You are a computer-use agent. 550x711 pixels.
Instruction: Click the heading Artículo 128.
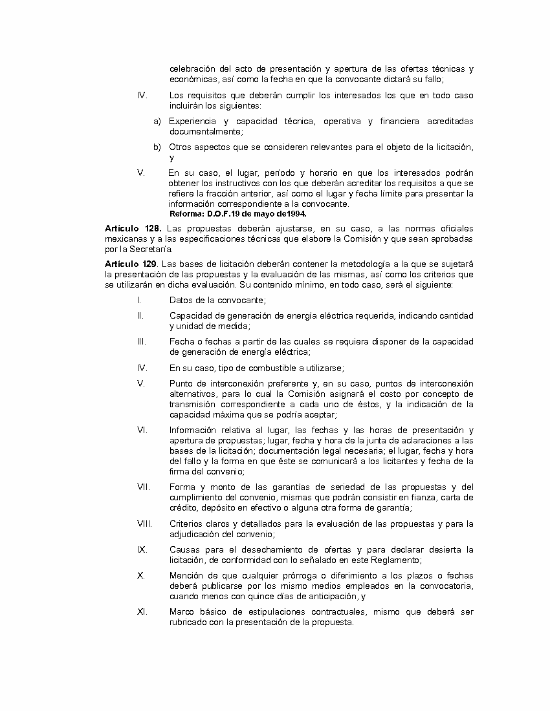pos(133,229)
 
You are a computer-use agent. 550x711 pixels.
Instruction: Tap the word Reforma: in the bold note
pos(187,213)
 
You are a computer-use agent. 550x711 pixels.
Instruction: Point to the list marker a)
pos(157,121)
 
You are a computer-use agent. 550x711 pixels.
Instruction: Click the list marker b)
pos(157,147)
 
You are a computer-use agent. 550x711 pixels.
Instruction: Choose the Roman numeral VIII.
pos(144,524)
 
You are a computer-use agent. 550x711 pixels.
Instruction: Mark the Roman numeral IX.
pos(142,549)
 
